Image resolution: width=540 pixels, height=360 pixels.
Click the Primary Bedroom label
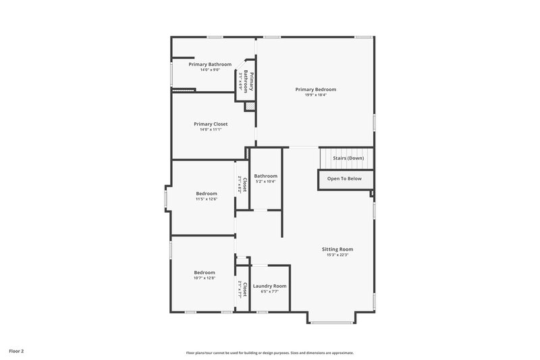click(x=315, y=89)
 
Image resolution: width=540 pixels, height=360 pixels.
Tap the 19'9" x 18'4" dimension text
click(x=315, y=95)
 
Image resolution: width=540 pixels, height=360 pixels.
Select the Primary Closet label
click(x=210, y=124)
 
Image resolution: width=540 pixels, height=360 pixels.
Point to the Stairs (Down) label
click(x=348, y=158)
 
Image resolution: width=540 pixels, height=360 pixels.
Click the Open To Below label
click(x=344, y=179)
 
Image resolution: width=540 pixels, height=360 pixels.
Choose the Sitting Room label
click(x=337, y=249)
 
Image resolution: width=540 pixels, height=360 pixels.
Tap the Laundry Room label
click(x=269, y=286)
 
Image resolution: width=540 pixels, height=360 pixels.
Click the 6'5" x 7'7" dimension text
click(x=269, y=292)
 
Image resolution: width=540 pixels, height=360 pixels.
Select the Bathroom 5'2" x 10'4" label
click(x=265, y=176)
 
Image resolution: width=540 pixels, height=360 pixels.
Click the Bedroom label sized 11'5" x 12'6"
click(x=206, y=194)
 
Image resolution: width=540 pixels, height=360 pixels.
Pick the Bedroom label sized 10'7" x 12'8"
click(x=204, y=272)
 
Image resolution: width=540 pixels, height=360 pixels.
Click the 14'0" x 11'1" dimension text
click(x=210, y=130)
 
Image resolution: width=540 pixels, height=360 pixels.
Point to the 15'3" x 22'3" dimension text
click(x=337, y=255)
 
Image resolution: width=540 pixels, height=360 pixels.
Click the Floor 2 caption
click(x=17, y=351)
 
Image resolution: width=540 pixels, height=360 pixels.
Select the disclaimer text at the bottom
click(x=269, y=353)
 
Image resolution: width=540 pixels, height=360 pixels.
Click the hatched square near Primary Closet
click(x=250, y=107)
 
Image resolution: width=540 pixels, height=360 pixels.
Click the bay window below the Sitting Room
click(x=331, y=322)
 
